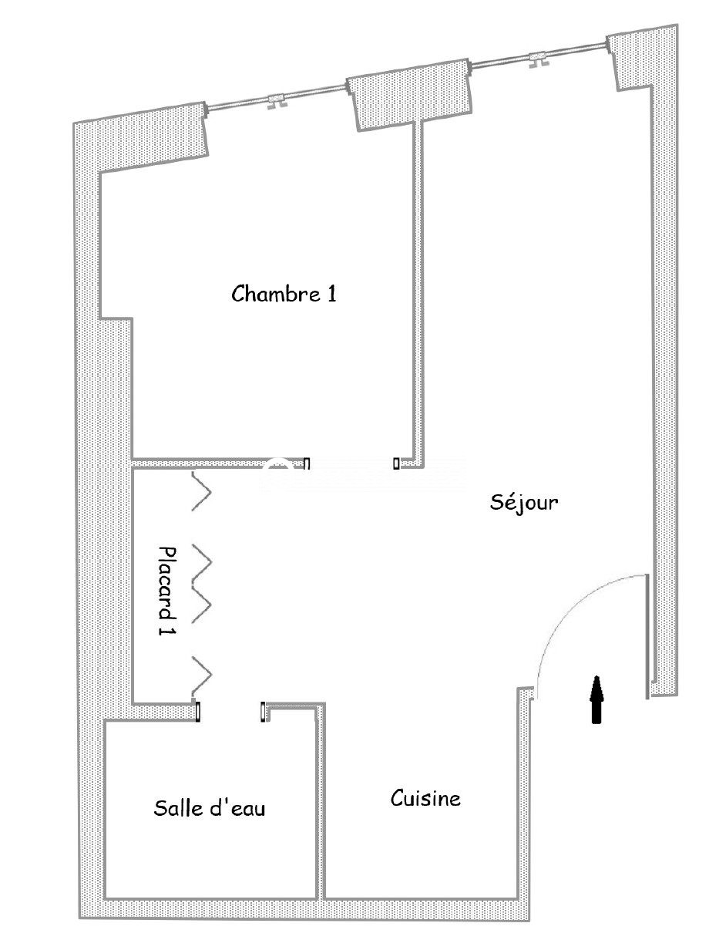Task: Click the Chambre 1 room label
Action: [284, 293]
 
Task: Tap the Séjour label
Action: [523, 503]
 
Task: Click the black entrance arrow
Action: [597, 700]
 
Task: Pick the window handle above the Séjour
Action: [538, 60]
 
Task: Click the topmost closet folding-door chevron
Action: [203, 492]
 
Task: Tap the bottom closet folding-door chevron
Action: [203, 676]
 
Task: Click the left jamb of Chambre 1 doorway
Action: [307, 463]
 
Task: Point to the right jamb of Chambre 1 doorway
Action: [396, 463]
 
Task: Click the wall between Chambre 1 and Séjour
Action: [417, 295]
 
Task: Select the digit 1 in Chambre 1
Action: [332, 295]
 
